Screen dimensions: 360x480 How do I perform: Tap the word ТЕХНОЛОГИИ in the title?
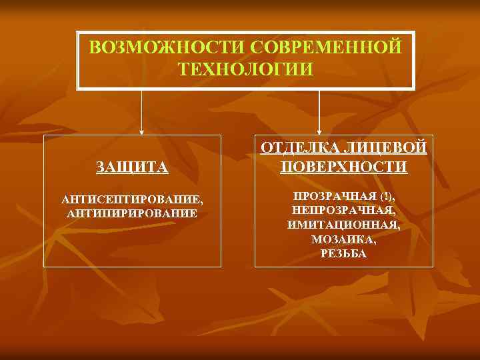coord(246,69)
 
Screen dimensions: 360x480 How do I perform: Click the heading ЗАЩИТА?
coord(132,167)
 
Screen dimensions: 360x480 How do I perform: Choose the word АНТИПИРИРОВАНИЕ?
coord(132,213)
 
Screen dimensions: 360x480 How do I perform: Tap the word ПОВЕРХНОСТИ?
coord(343,166)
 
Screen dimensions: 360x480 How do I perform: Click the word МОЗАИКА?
coord(343,239)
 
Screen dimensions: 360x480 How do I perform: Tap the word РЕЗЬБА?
coord(343,254)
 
